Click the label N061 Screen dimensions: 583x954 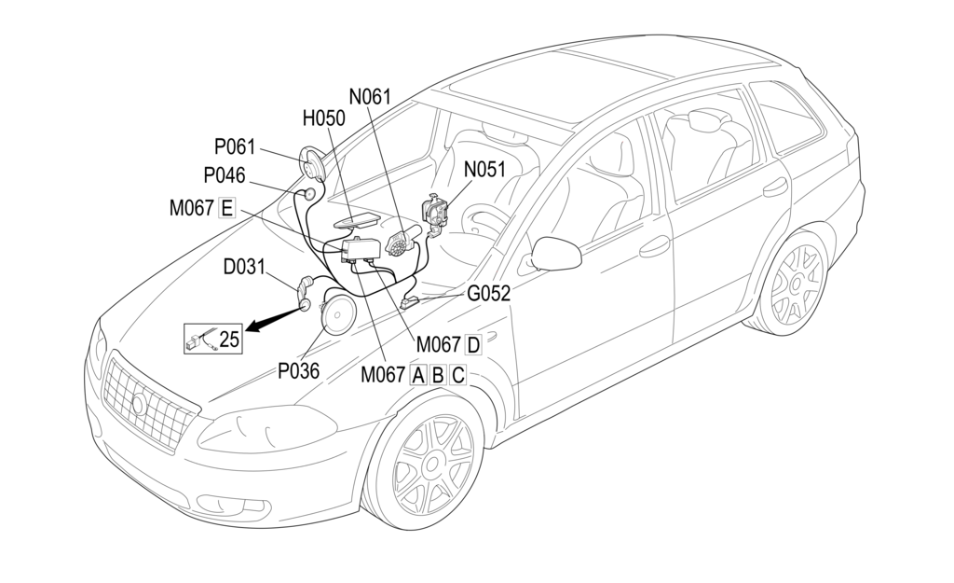click(x=370, y=96)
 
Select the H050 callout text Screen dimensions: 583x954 click(x=323, y=118)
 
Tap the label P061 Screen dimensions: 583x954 click(x=235, y=146)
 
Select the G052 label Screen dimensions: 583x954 click(x=489, y=294)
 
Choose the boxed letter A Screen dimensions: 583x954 click(x=417, y=375)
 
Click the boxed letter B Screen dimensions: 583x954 click(x=437, y=375)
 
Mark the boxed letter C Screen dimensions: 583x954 click(x=457, y=375)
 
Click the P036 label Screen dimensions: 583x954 click(x=299, y=370)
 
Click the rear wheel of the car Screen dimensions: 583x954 click(x=794, y=281)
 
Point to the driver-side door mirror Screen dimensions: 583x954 click(x=555, y=254)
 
